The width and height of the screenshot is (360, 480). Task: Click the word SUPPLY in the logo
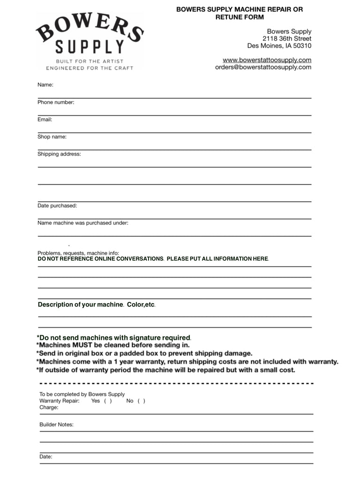tap(90, 47)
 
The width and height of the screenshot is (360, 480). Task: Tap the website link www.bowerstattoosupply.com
tap(267, 60)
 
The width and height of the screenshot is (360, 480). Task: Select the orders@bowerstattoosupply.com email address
tap(263, 67)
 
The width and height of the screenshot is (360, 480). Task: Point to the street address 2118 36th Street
tap(286, 38)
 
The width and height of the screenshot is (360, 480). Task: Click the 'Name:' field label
tap(45, 85)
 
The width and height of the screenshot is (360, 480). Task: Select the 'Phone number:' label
tap(56, 102)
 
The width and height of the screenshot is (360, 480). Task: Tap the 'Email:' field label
tap(45, 120)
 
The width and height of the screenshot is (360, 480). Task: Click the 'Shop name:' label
tap(52, 137)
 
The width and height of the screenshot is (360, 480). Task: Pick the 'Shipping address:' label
tap(59, 154)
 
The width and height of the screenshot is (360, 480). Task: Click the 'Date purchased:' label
tap(57, 205)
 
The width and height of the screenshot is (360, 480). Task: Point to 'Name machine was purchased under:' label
tap(83, 223)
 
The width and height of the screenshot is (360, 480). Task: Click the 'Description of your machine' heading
tap(80, 305)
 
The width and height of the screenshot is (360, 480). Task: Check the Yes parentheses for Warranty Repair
tap(107, 401)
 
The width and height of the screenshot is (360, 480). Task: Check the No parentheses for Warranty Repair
tap(141, 401)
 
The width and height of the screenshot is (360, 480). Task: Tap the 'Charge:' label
tap(49, 407)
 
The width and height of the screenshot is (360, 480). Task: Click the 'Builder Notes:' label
tap(56, 425)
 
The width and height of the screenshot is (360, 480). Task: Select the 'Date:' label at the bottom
tap(46, 456)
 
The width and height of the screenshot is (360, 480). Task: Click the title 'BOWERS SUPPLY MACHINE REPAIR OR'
tap(240, 9)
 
